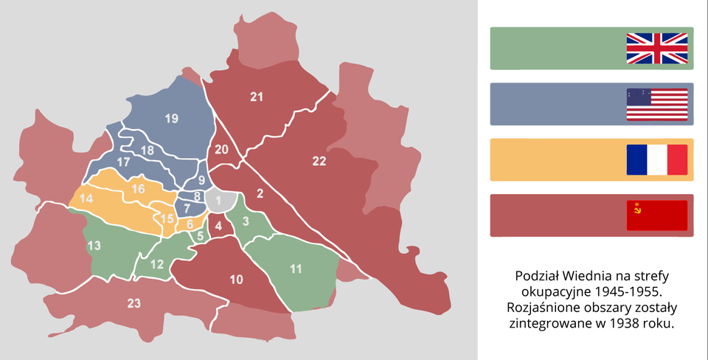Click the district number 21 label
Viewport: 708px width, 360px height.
tap(257, 97)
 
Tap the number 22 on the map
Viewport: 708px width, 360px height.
tap(319, 161)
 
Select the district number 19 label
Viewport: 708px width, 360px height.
tap(171, 118)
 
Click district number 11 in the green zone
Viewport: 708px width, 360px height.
tap(296, 269)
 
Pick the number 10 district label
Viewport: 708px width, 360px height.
tap(236, 279)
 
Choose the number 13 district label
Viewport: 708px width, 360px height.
tap(94, 246)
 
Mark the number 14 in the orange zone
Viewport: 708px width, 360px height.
tap(86, 198)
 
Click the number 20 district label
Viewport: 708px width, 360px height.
tap(221, 150)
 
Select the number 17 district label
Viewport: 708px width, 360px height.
tap(123, 162)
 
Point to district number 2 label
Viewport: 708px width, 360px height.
tap(259, 194)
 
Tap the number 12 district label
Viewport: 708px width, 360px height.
tap(156, 264)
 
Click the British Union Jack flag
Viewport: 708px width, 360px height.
tap(656, 48)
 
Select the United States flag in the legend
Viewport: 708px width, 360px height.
tap(656, 104)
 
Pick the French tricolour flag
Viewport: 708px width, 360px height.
tap(656, 159)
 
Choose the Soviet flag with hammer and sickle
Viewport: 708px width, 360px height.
tap(656, 215)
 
